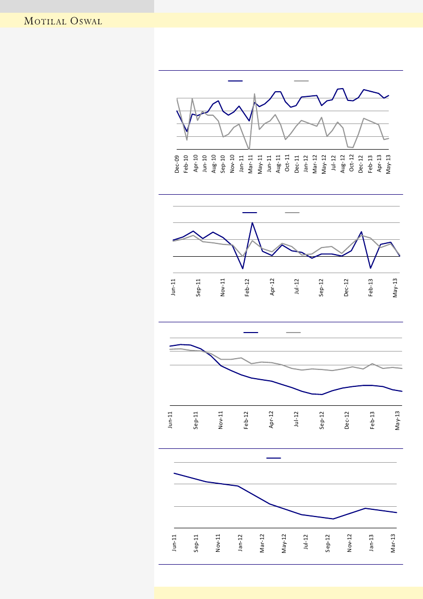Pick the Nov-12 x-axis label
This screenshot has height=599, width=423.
pyautogui.click(x=350, y=542)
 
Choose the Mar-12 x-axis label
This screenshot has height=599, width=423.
pyautogui.click(x=262, y=542)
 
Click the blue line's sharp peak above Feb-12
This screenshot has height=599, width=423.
pyautogui.click(x=252, y=222)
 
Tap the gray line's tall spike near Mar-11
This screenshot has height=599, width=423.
pyautogui.click(x=255, y=94)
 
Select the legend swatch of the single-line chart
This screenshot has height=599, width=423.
pyautogui.click(x=273, y=458)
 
